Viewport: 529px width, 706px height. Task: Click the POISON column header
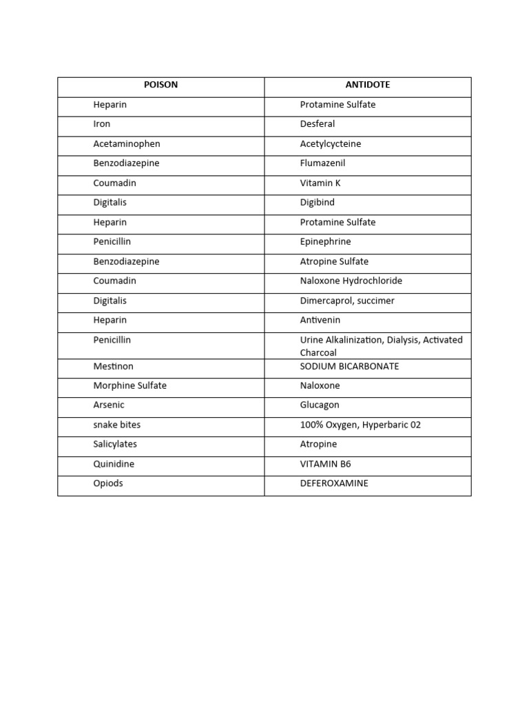pyautogui.click(x=160, y=85)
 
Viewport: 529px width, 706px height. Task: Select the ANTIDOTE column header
pyautogui.click(x=367, y=85)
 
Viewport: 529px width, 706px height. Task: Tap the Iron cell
pyautogui.click(x=102, y=124)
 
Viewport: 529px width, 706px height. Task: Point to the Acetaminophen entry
pyautogui.click(x=126, y=144)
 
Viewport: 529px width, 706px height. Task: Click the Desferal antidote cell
pyautogui.click(x=318, y=124)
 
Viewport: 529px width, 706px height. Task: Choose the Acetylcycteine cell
pyautogui.click(x=331, y=144)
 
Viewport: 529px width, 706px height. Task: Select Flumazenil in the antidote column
pyautogui.click(x=322, y=163)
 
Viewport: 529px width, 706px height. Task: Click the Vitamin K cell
pyautogui.click(x=320, y=183)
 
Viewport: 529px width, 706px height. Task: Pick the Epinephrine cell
pyautogui.click(x=325, y=242)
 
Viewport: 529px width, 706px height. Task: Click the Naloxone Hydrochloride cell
pyautogui.click(x=351, y=281)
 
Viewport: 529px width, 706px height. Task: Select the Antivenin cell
pyautogui.click(x=320, y=321)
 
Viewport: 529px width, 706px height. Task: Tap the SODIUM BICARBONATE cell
pyautogui.click(x=349, y=366)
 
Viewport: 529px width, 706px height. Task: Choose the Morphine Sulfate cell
pyautogui.click(x=129, y=386)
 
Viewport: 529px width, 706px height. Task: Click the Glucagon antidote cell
pyautogui.click(x=320, y=405)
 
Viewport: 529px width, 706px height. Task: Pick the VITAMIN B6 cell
pyautogui.click(x=325, y=464)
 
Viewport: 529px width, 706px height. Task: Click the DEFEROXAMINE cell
pyautogui.click(x=334, y=483)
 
